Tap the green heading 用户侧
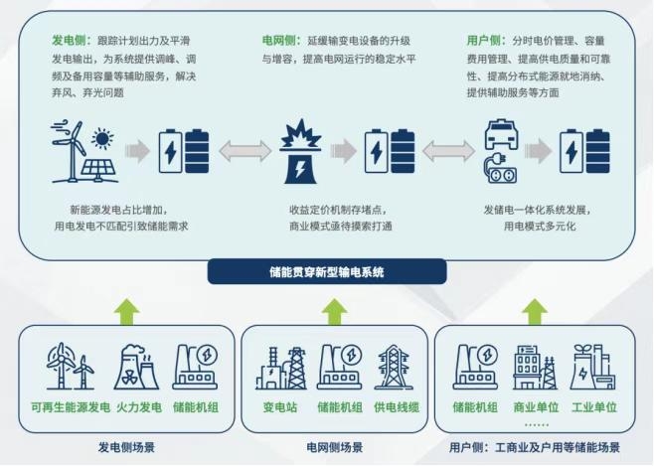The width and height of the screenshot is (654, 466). [x=483, y=42]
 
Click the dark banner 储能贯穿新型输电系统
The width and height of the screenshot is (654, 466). [x=327, y=271]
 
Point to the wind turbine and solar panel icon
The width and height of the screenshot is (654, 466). [x=82, y=153]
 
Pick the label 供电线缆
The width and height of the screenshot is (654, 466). [x=395, y=406]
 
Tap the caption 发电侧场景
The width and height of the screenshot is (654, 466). [x=125, y=448]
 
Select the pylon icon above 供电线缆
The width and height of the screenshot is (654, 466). [x=395, y=367]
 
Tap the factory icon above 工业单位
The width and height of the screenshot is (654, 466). [x=593, y=367]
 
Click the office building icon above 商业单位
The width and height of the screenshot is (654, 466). [x=534, y=367]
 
